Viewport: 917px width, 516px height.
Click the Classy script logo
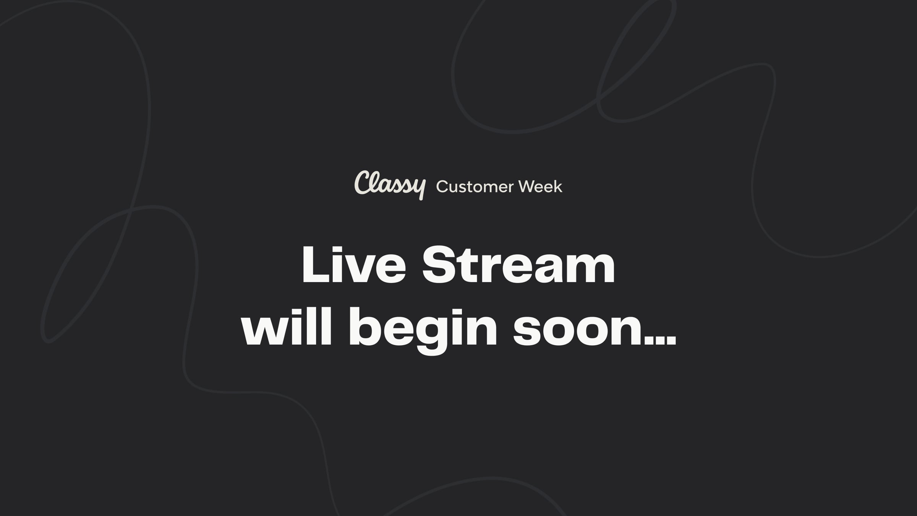click(390, 185)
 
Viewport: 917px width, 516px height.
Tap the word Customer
click(475, 187)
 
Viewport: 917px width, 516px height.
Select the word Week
click(540, 187)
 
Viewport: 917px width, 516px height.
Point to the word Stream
click(518, 264)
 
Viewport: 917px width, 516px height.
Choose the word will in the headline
click(287, 327)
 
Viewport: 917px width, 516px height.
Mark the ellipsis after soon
click(660, 341)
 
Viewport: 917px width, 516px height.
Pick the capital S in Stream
click(439, 264)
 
